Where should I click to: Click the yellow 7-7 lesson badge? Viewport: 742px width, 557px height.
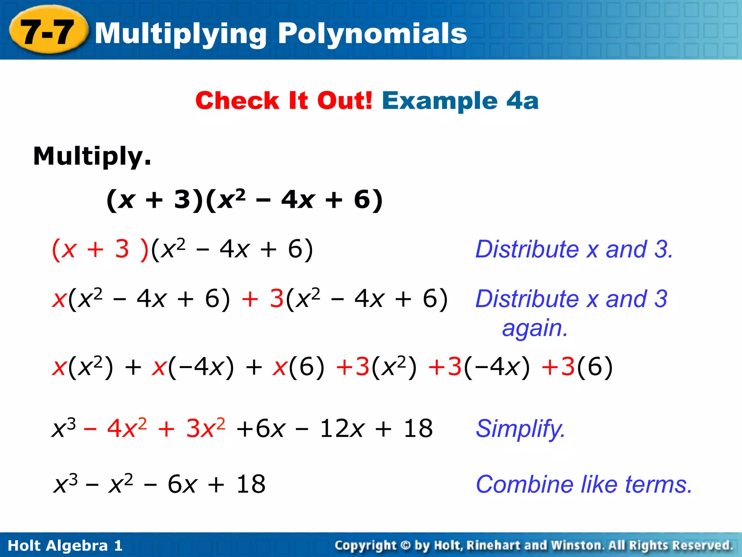(x=48, y=32)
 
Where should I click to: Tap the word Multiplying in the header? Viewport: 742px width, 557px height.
(x=181, y=33)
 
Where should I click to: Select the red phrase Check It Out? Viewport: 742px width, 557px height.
(x=284, y=100)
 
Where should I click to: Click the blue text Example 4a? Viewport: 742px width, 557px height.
(x=460, y=100)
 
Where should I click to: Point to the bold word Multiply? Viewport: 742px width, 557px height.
(x=92, y=156)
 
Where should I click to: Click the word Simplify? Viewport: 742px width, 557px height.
(x=520, y=429)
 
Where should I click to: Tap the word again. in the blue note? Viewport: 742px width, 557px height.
(x=535, y=328)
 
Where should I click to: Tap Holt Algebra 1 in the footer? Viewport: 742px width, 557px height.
(x=65, y=545)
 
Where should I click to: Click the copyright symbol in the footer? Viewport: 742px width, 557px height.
(x=405, y=545)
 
